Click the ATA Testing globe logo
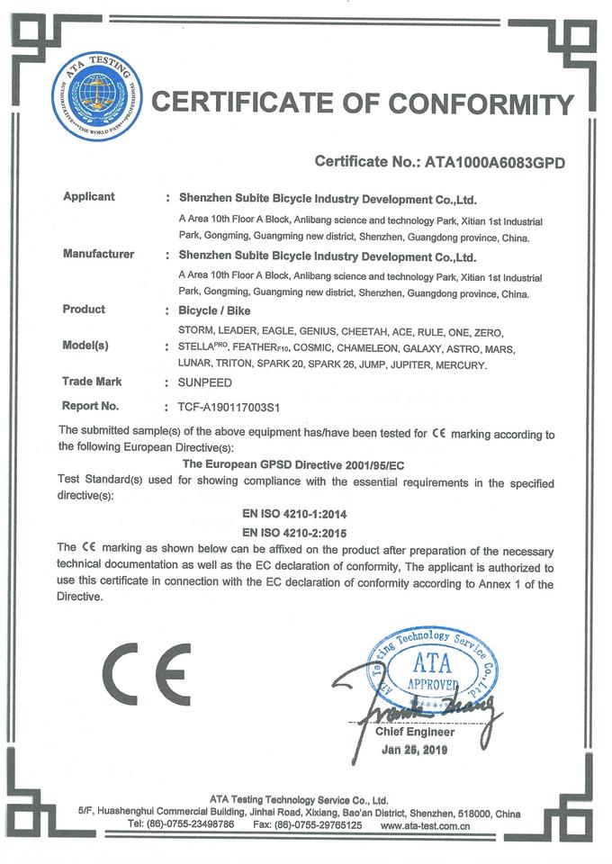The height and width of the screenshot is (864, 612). point(94,96)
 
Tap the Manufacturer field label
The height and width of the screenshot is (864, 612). point(98,254)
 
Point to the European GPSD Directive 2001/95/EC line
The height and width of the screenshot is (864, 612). point(306,464)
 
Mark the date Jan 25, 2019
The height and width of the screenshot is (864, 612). point(414,749)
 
